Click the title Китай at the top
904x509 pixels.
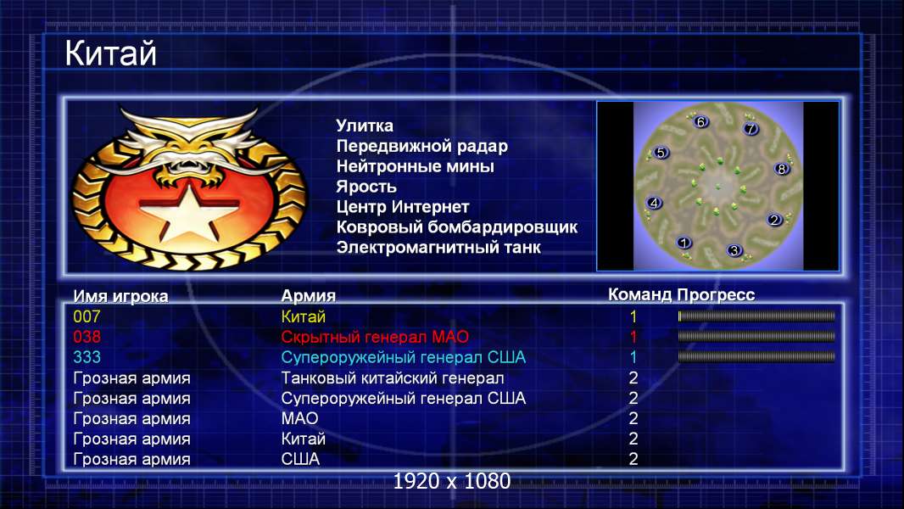(110, 53)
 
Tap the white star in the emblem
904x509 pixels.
(188, 211)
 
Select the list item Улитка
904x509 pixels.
(365, 126)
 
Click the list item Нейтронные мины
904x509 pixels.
(415, 166)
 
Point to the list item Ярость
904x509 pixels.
(366, 187)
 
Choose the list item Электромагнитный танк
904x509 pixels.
(438, 248)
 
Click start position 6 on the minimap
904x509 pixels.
(700, 121)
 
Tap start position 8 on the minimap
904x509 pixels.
(781, 169)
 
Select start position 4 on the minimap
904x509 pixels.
(654, 203)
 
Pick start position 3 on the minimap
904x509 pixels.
(734, 250)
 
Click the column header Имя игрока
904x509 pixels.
(120, 296)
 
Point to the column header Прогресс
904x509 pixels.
(716, 295)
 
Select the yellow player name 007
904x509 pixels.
(86, 316)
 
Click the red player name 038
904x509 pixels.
(86, 337)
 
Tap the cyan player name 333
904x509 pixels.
(86, 357)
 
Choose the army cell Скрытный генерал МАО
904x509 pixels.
(375, 337)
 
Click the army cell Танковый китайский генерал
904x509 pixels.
(393, 378)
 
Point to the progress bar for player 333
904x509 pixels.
(756, 357)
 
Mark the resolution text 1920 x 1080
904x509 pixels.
(452, 481)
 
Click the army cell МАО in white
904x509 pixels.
(300, 418)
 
